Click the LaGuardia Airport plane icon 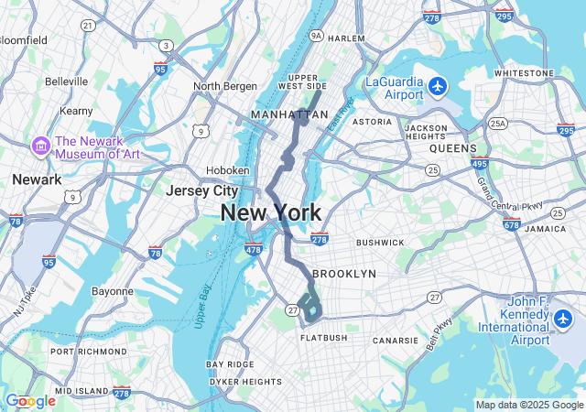point(439,87)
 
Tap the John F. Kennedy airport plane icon point(562,320)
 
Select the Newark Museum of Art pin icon point(40,146)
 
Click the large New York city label point(271,213)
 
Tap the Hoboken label point(227,170)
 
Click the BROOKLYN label point(344,274)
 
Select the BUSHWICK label point(380,243)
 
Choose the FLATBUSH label point(323,338)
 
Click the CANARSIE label point(396,341)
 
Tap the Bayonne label point(113,291)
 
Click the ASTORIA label point(372,121)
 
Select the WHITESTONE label point(524,73)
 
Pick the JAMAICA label point(546,229)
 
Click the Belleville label point(66,81)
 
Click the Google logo point(30,401)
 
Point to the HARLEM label point(346,38)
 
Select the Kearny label point(76,111)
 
